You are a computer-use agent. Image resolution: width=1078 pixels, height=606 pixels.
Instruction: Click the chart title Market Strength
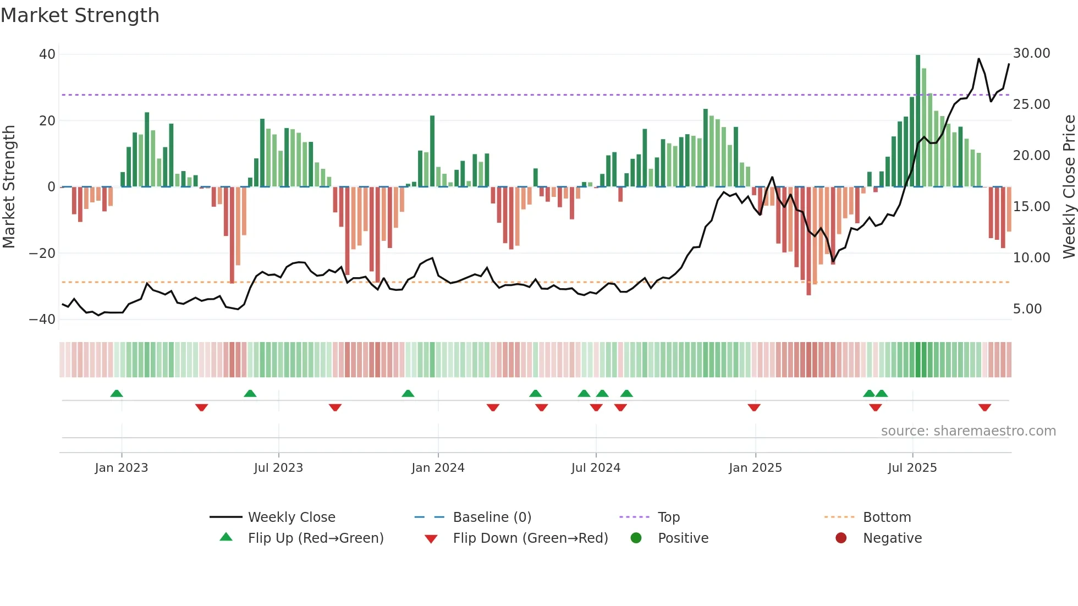tap(80, 15)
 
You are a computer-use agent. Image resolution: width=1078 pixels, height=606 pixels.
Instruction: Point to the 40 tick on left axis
tap(47, 54)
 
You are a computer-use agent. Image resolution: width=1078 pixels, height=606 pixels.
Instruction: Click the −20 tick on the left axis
tap(42, 254)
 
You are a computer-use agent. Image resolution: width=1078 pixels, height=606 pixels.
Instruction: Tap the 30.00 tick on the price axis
tap(1031, 53)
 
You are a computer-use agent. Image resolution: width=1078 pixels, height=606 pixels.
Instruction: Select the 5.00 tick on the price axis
tap(1027, 309)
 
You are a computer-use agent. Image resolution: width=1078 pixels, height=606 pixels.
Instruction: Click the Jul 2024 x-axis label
tap(596, 468)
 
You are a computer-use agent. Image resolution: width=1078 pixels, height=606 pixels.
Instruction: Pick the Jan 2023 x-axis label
tap(122, 468)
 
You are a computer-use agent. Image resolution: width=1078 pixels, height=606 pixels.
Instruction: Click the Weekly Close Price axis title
tap(1069, 186)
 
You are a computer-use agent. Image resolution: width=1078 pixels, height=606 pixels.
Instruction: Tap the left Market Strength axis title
tap(9, 186)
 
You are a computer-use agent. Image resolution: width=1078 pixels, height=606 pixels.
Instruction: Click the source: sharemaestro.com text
tap(968, 431)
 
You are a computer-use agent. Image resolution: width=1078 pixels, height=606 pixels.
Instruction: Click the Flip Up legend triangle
tap(226, 537)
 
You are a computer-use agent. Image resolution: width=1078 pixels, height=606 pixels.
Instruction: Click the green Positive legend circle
tap(636, 538)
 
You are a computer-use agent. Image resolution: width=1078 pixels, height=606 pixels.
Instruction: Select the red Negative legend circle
tap(841, 538)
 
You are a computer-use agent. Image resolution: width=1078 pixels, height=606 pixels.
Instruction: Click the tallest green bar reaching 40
tap(918, 121)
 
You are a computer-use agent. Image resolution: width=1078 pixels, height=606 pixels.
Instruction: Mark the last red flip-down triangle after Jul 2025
tap(985, 407)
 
